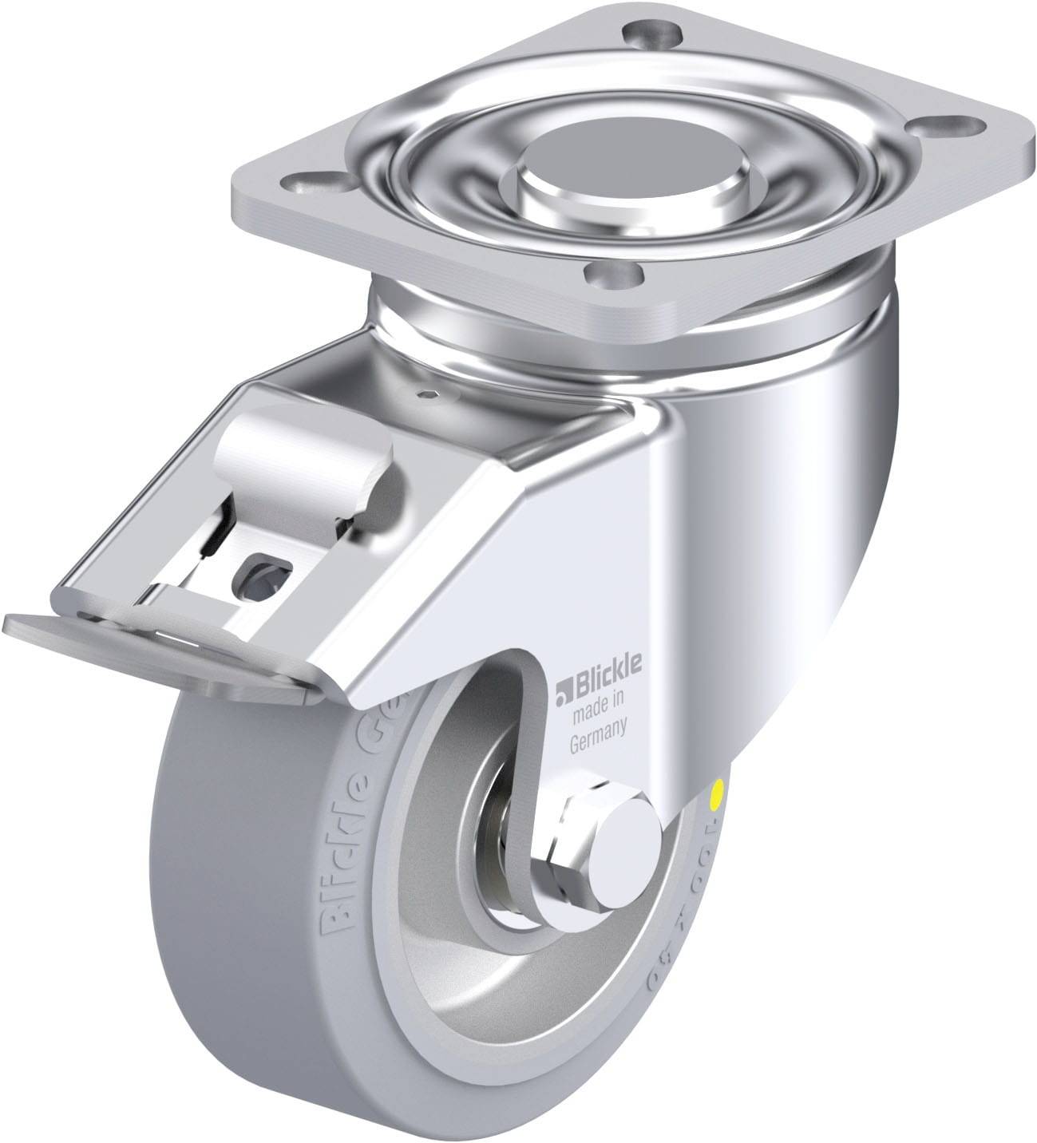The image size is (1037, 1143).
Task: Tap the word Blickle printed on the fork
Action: (602, 686)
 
